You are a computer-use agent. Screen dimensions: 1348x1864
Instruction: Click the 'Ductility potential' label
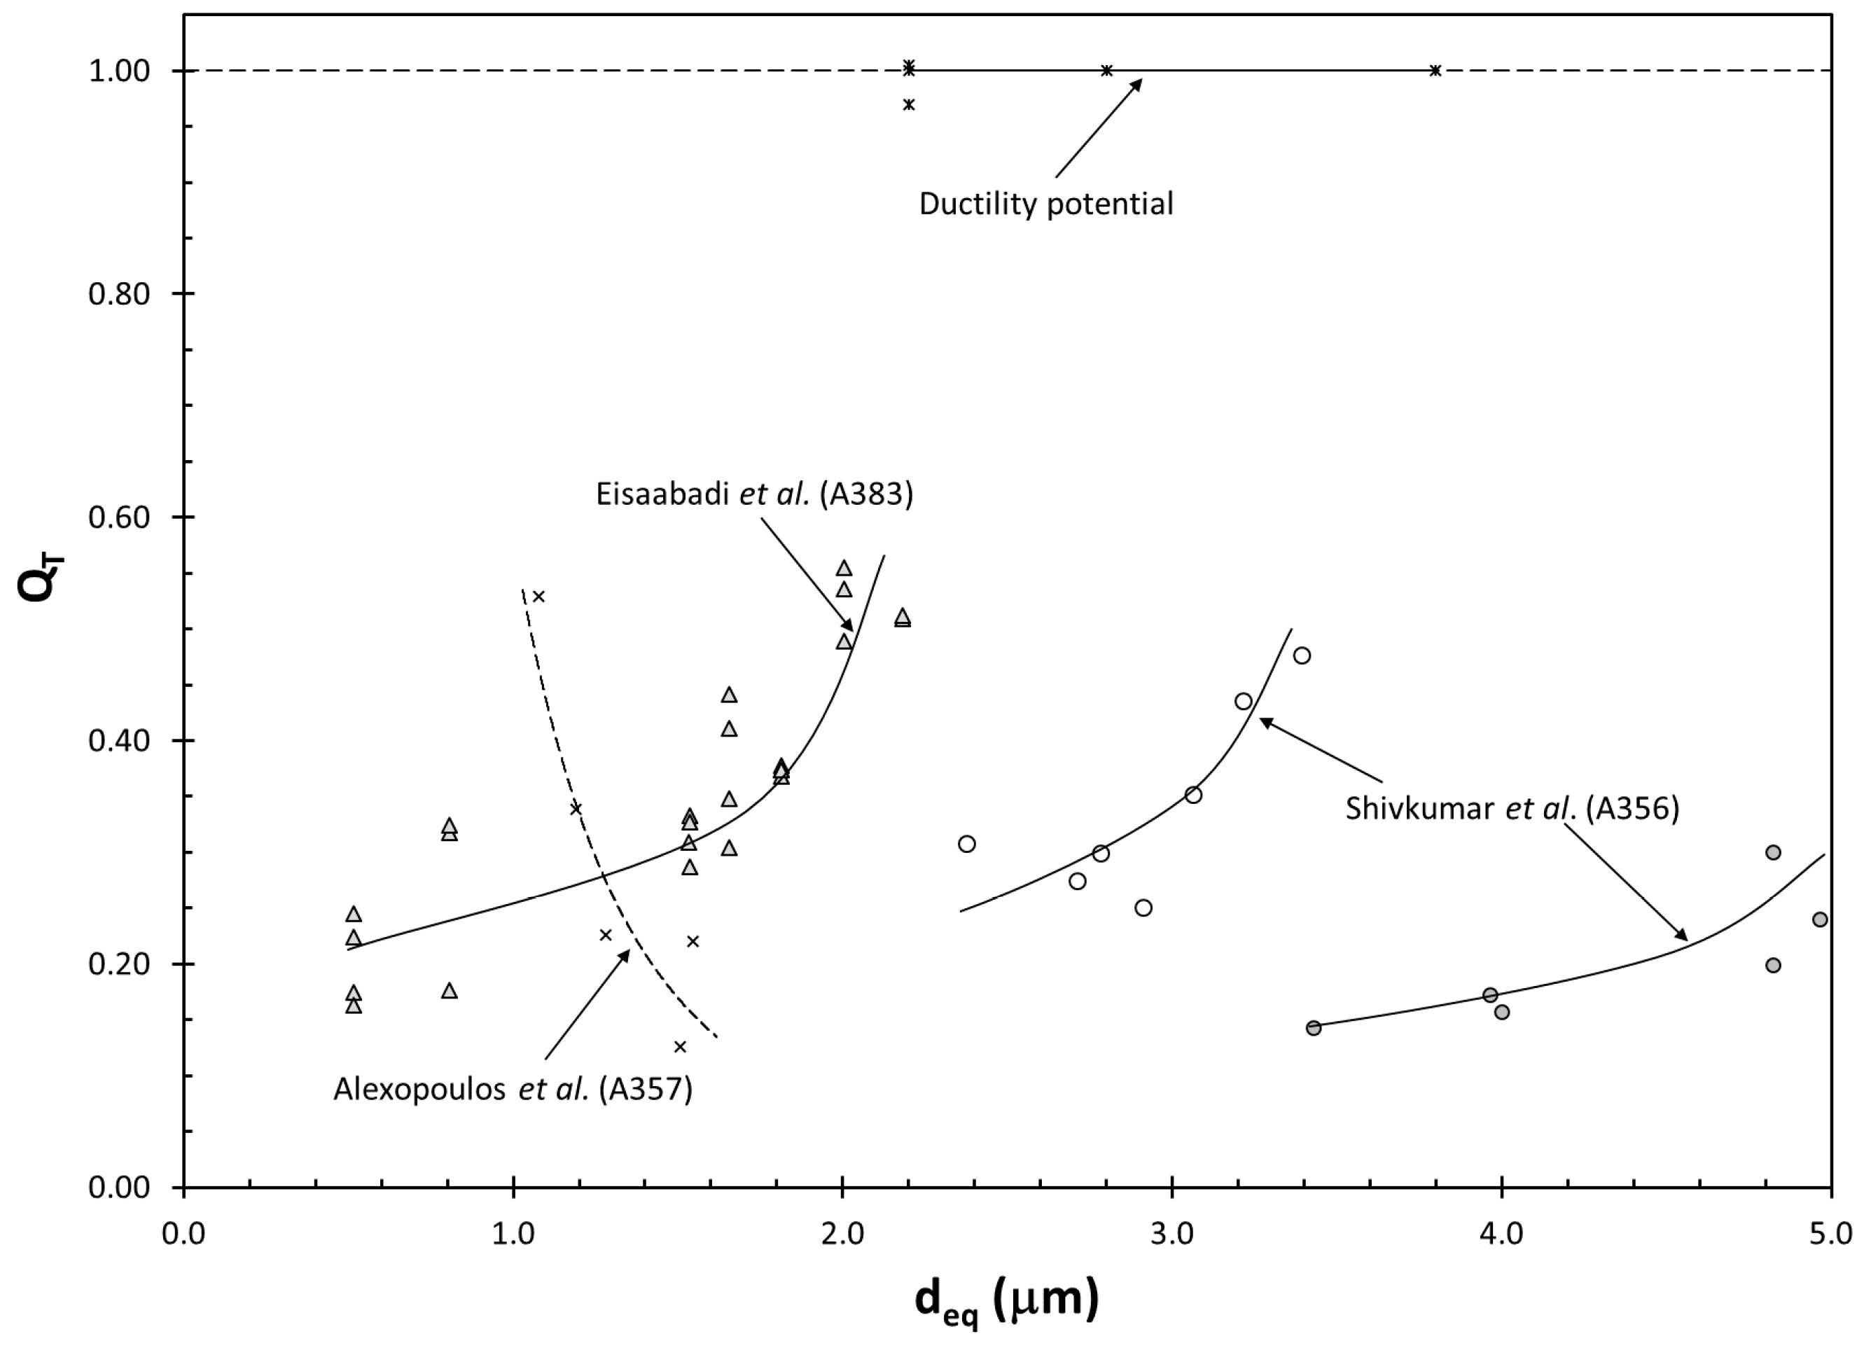[1045, 204]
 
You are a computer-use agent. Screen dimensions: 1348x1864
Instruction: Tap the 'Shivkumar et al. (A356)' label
[1511, 808]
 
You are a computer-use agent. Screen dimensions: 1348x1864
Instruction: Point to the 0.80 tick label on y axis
[119, 293]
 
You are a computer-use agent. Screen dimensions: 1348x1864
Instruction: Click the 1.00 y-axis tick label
[119, 71]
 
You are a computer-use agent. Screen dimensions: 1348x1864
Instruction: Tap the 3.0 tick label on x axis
[1172, 1234]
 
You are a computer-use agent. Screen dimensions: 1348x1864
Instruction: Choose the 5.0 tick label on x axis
[1830, 1234]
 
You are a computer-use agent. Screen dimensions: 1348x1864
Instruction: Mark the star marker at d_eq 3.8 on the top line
[1435, 71]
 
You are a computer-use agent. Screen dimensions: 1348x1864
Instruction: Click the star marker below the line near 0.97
[908, 104]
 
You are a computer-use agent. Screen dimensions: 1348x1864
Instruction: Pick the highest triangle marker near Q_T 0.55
[843, 568]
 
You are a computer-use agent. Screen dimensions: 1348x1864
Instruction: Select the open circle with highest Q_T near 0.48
[1302, 655]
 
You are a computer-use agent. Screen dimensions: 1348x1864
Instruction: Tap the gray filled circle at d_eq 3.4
[1314, 1027]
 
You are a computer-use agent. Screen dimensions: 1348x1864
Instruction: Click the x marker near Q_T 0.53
[538, 596]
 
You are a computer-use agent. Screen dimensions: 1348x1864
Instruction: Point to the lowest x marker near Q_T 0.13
[680, 1046]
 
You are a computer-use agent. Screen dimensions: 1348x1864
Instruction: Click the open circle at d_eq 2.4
[966, 843]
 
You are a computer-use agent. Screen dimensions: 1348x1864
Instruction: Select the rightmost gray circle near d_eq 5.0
[1820, 919]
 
